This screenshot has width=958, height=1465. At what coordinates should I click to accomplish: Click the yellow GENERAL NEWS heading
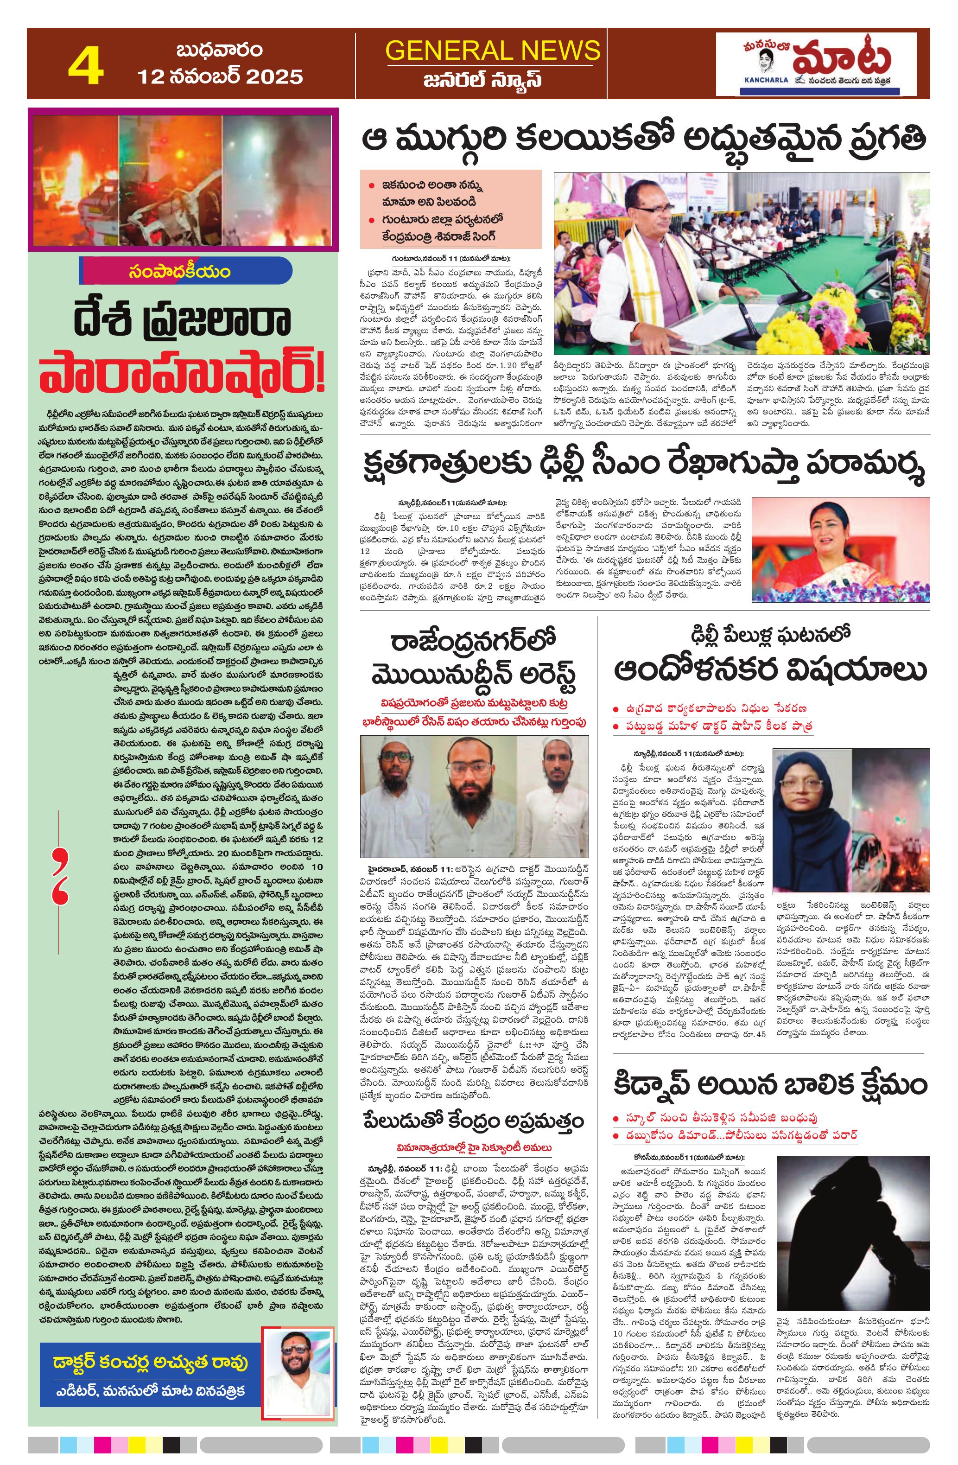tap(492, 51)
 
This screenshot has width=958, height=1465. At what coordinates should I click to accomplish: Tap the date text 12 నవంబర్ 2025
tap(220, 77)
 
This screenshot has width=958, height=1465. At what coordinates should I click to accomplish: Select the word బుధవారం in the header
tap(220, 49)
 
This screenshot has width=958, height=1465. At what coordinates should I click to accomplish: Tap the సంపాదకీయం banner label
tap(180, 272)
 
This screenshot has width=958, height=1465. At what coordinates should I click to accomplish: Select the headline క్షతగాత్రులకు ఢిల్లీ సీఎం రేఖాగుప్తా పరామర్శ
tap(642, 470)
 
